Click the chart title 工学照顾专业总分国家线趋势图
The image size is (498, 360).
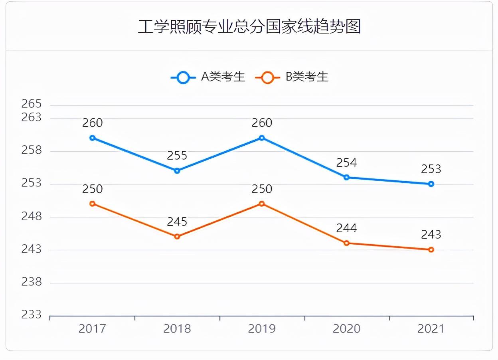click(x=249, y=26)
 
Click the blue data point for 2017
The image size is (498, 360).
click(x=92, y=138)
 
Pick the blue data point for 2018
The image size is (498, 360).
click(x=177, y=171)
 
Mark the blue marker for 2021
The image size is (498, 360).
click(x=431, y=184)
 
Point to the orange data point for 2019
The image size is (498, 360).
click(x=262, y=204)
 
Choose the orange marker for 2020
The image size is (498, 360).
click(x=346, y=243)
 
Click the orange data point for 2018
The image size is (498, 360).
click(x=177, y=237)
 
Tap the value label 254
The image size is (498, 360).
click(x=346, y=162)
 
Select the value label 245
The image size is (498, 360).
click(x=177, y=222)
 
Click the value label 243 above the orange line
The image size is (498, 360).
click(x=431, y=234)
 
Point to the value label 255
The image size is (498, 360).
click(x=177, y=156)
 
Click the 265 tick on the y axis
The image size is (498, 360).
click(x=32, y=104)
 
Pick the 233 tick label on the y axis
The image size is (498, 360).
click(x=32, y=315)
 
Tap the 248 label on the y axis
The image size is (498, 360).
click(x=32, y=217)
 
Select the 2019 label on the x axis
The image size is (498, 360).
click(x=262, y=329)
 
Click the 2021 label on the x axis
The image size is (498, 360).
click(x=431, y=329)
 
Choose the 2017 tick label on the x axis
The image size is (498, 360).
click(x=92, y=329)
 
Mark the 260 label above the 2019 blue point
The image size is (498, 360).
click(x=262, y=123)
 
